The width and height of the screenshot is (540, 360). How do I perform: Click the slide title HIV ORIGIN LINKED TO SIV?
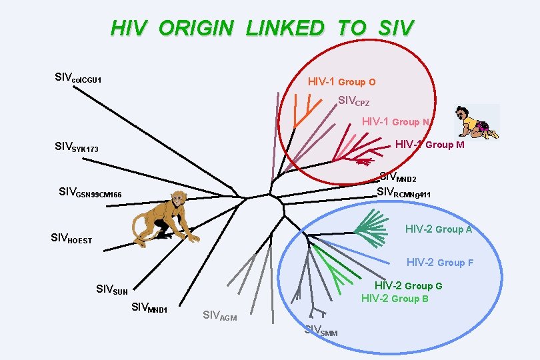(x=262, y=29)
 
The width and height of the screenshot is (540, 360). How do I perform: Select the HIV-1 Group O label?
(x=341, y=82)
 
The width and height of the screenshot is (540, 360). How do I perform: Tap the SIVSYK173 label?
(x=76, y=147)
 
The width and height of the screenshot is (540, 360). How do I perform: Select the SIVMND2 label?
(x=398, y=177)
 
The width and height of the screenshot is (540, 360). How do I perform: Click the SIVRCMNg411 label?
(x=403, y=193)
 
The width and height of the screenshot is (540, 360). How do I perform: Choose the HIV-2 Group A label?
(x=439, y=229)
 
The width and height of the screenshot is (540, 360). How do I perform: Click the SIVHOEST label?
(x=71, y=238)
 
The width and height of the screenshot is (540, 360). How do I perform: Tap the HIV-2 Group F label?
(x=440, y=263)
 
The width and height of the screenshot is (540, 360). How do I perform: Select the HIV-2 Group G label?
(x=408, y=286)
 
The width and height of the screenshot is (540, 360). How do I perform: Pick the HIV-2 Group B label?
(x=395, y=298)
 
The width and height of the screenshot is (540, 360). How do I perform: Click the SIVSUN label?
(x=112, y=289)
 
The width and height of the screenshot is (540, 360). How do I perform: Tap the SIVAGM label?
(x=219, y=315)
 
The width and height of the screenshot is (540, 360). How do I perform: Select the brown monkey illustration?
(x=164, y=218)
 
